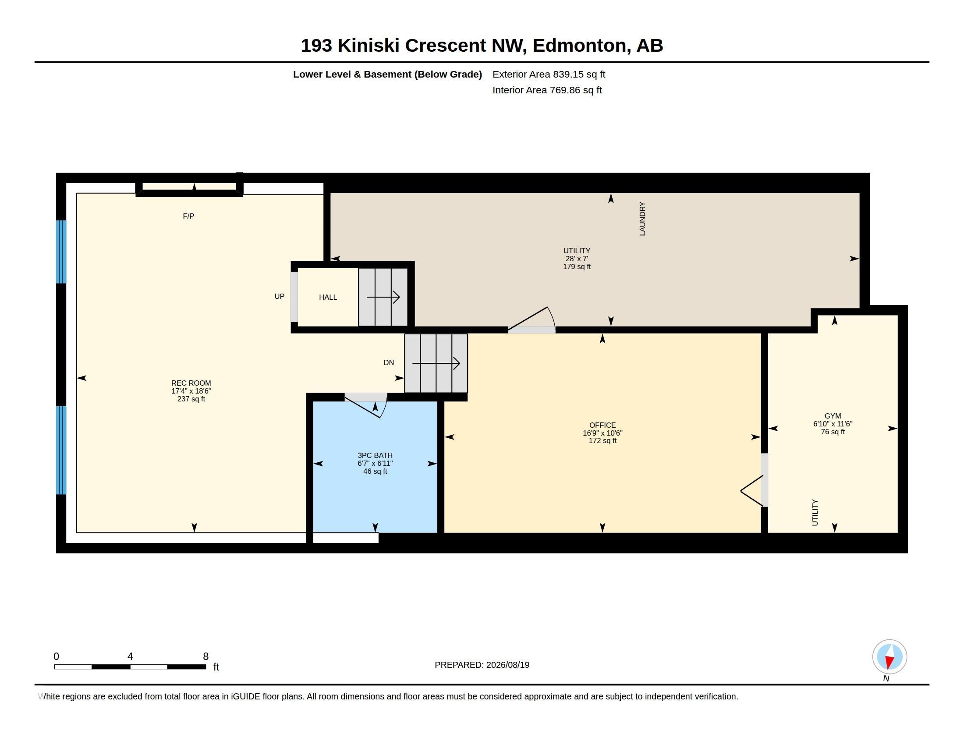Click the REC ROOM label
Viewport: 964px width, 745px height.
pyautogui.click(x=191, y=383)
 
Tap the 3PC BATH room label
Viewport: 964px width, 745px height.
pyautogui.click(x=375, y=455)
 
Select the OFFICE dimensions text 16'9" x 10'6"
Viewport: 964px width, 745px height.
pyautogui.click(x=602, y=433)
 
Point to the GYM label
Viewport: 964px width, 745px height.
pyautogui.click(x=833, y=416)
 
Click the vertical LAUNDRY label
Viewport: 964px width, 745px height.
pyautogui.click(x=642, y=219)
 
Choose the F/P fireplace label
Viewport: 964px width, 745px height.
pyautogui.click(x=188, y=216)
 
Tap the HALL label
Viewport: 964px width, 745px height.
pyautogui.click(x=328, y=298)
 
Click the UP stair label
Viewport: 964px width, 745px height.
pyautogui.click(x=280, y=297)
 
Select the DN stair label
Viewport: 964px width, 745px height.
pyautogui.click(x=388, y=363)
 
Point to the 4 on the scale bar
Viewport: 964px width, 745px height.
pyautogui.click(x=130, y=656)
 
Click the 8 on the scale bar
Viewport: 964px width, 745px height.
pyautogui.click(x=206, y=656)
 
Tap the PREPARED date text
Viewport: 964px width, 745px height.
pyautogui.click(x=482, y=665)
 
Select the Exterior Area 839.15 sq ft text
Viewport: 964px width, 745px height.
pyautogui.click(x=549, y=74)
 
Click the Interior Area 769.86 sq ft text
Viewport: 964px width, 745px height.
pyautogui.click(x=547, y=90)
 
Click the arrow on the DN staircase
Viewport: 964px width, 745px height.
pyautogui.click(x=436, y=364)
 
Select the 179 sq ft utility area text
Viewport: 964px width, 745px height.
pyautogui.click(x=577, y=267)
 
